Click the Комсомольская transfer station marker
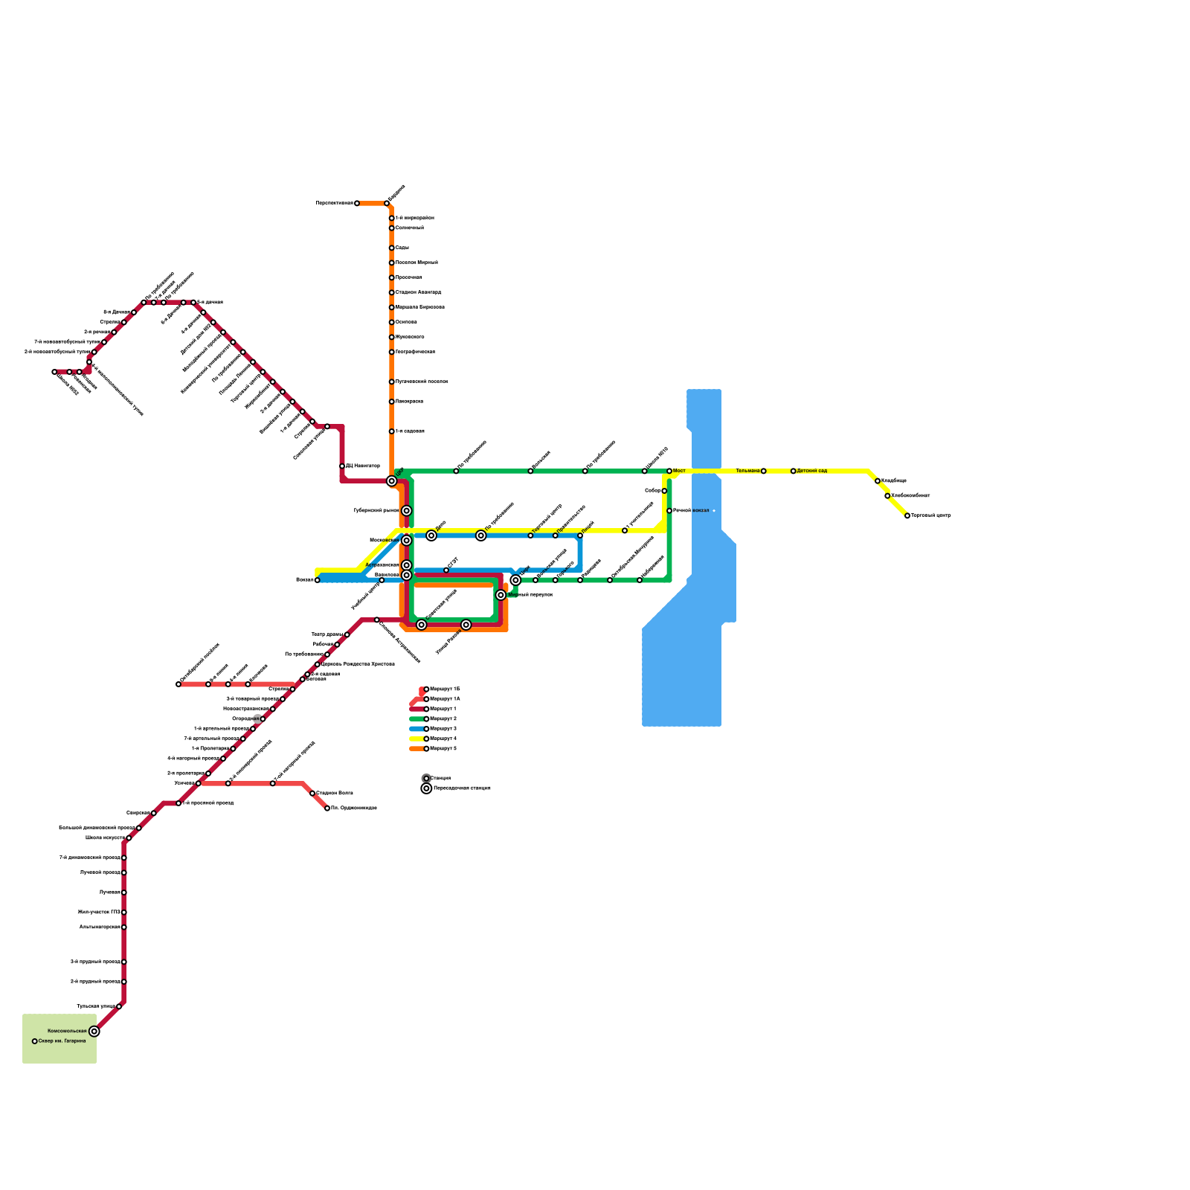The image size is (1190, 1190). [x=94, y=1031]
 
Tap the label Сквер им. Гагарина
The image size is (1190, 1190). [x=62, y=1041]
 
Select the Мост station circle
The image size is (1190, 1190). [x=669, y=471]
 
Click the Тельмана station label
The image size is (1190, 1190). [x=747, y=471]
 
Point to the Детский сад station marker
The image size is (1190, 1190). [x=793, y=471]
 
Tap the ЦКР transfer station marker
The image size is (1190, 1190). [x=391, y=481]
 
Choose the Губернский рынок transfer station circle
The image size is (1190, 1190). [x=406, y=511]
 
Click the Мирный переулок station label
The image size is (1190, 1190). [x=530, y=595]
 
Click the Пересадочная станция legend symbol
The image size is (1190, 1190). [x=426, y=788]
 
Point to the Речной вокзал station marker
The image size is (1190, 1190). [x=669, y=511]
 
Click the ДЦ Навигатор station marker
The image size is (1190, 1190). [x=342, y=466]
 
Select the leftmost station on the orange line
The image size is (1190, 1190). [x=357, y=203]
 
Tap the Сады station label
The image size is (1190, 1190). [x=402, y=248]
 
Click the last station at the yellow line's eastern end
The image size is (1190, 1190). [x=907, y=515]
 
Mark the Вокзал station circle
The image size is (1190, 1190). [x=317, y=580]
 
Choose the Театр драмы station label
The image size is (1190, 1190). [x=327, y=634]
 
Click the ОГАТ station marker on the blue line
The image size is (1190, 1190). [x=446, y=570]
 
